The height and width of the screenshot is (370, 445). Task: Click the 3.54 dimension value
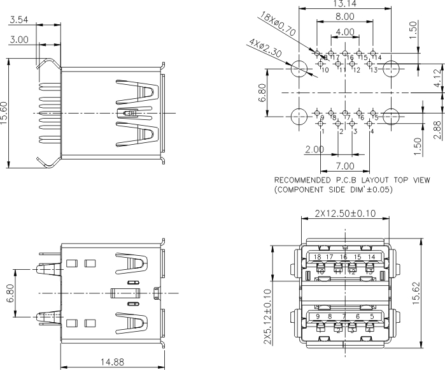pos(18,20)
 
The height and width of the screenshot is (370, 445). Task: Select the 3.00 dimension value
pos(18,40)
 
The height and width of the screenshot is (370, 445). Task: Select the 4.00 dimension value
pos(344,31)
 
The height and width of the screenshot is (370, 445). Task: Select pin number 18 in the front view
pos(317,257)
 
